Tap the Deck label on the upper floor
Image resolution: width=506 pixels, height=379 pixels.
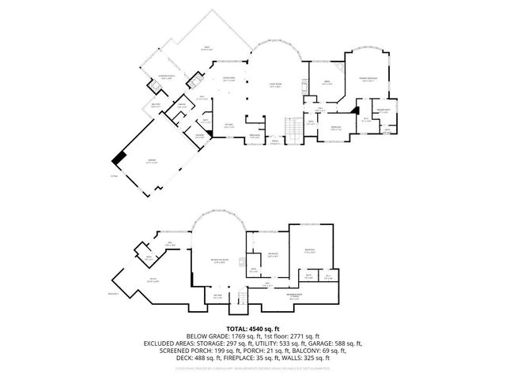pyautogui.click(x=207, y=48)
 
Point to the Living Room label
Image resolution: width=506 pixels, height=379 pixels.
pyautogui.click(x=275, y=86)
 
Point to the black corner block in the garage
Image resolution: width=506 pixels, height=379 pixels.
pyautogui.click(x=118, y=159)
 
